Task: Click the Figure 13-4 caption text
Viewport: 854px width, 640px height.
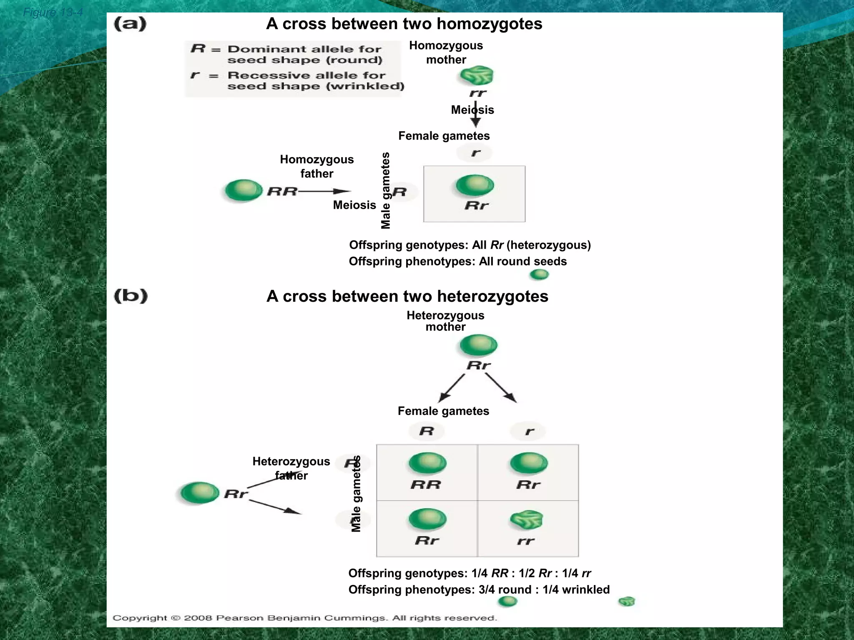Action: pos(53,12)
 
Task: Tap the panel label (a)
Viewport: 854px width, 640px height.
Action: pos(130,24)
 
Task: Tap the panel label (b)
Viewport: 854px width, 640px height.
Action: pos(131,296)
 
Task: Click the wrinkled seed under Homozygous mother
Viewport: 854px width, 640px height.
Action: pos(477,76)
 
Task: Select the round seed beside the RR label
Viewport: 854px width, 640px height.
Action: pos(244,190)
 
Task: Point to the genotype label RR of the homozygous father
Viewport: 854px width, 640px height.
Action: pos(282,192)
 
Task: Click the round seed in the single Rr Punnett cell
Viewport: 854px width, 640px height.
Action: pos(475,185)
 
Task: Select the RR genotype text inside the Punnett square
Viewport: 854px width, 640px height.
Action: pos(426,485)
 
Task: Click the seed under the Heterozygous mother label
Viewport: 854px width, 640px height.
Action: pos(478,345)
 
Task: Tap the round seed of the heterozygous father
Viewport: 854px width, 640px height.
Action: pos(200,492)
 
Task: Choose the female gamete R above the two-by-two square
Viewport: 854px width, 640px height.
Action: pos(427,431)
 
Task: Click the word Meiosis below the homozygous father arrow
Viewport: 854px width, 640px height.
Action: pos(354,205)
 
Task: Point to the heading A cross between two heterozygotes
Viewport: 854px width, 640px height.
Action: pos(407,296)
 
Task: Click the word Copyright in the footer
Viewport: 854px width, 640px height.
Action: pos(139,618)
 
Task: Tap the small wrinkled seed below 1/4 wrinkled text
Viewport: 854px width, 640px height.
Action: pos(626,601)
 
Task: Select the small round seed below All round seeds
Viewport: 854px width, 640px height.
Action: pos(539,275)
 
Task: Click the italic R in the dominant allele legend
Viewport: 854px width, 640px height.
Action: pos(198,49)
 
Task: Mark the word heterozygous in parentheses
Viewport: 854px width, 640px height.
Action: pos(548,245)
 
